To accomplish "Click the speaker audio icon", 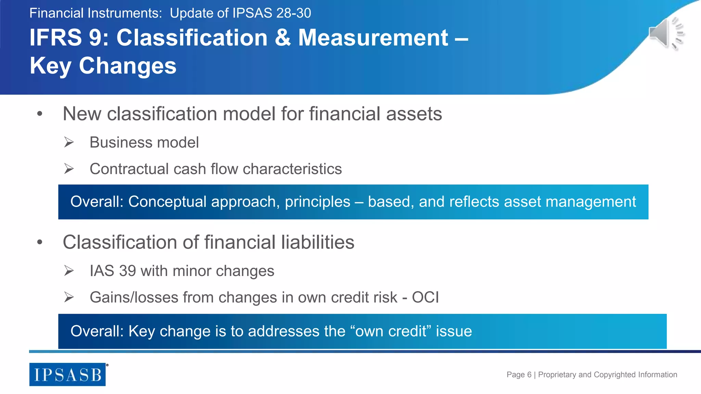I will [666, 34].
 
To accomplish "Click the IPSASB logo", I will [67, 375].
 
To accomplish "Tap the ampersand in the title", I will [282, 38].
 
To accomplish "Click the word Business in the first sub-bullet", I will [116, 142].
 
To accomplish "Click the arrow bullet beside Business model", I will [69, 142].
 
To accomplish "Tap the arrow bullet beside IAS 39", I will [69, 271].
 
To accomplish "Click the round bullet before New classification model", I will [40, 114].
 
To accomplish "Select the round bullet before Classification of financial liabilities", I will [40, 242].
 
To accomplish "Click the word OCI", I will [425, 297].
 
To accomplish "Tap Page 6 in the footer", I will [519, 375].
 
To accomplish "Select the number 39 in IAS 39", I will [128, 271].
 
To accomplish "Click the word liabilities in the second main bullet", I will [318, 242].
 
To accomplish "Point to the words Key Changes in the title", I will [103, 66].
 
